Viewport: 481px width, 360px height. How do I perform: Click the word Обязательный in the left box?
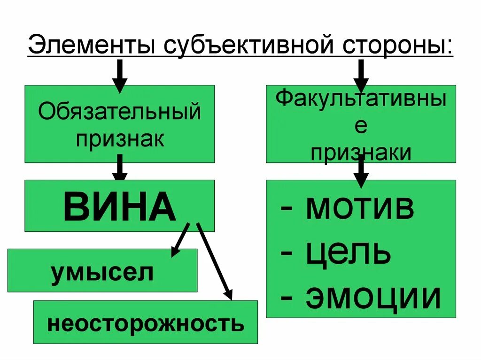pyautogui.click(x=119, y=113)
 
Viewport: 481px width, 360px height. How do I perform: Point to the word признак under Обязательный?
pyautogui.click(x=120, y=139)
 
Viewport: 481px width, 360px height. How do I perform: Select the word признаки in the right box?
pyautogui.click(x=361, y=153)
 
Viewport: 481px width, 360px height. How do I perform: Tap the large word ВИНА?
pyautogui.click(x=119, y=207)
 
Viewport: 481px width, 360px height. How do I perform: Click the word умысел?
pyautogui.click(x=102, y=272)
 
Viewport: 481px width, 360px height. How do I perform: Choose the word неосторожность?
pyautogui.click(x=146, y=323)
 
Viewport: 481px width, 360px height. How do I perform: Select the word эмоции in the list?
pyautogui.click(x=373, y=297)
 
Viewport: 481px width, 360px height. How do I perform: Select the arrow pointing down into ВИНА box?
pyautogui.click(x=120, y=168)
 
